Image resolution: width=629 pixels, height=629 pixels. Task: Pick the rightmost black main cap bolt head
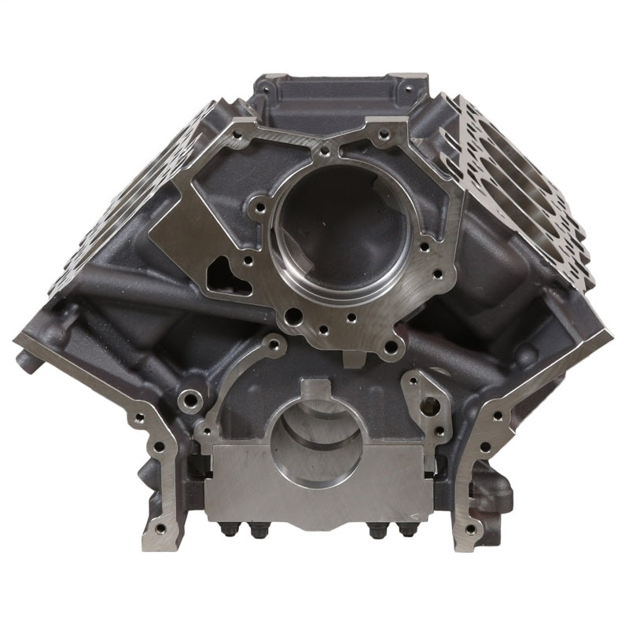pyautogui.click(x=407, y=531)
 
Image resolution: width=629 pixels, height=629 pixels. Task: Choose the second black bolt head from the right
pyautogui.click(x=377, y=532)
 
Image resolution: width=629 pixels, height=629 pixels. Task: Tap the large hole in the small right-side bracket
pyautogui.click(x=430, y=406)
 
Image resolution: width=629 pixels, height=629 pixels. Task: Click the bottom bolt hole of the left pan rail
pyautogui.click(x=160, y=528)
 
